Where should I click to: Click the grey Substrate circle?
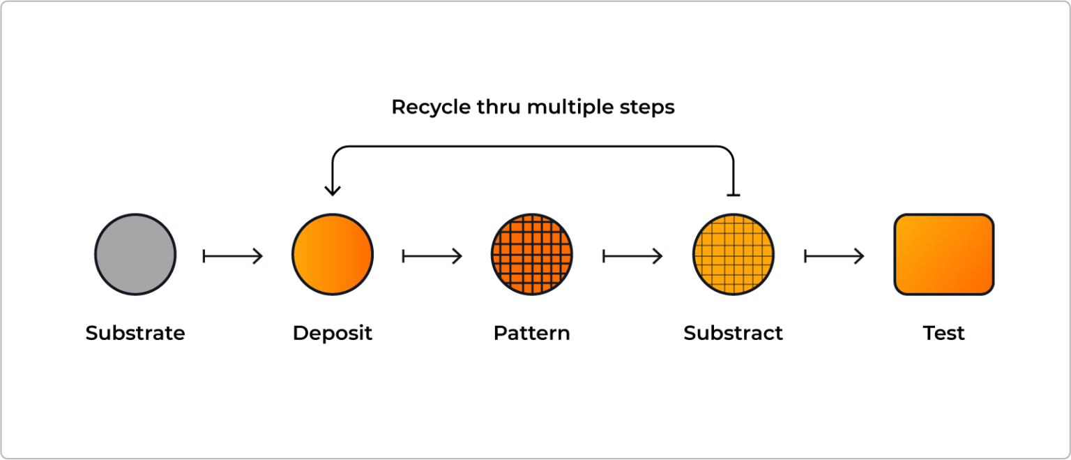click(135, 255)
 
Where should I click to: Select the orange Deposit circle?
click(333, 255)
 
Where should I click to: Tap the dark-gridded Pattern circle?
click(532, 255)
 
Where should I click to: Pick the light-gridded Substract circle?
click(734, 255)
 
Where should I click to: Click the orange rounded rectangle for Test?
click(943, 255)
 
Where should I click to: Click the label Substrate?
click(135, 333)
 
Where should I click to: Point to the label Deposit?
click(333, 333)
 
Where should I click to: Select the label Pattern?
click(532, 333)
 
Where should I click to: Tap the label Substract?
click(734, 333)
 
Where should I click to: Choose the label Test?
click(943, 333)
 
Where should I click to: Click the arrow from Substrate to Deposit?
click(233, 256)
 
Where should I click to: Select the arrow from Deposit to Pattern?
click(432, 256)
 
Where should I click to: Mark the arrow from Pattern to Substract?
click(632, 256)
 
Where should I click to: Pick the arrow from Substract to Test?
click(835, 256)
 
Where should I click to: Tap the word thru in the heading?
click(499, 107)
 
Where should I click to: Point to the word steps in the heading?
click(648, 107)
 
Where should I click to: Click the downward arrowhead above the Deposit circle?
click(333, 189)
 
